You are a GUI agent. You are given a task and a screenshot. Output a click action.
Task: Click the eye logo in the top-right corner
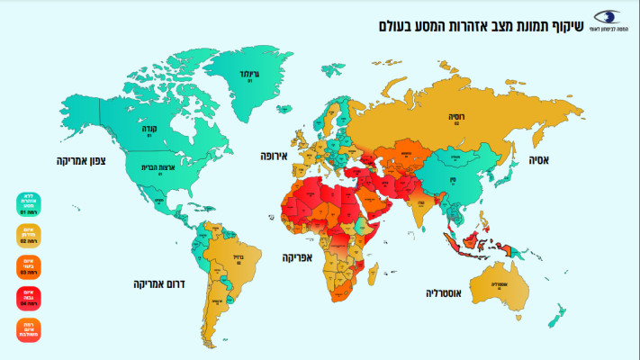pyautogui.click(x=607, y=19)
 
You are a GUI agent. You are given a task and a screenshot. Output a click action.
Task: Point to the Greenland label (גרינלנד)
pyautogui.click(x=249, y=74)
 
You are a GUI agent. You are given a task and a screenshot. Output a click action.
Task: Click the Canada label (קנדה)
pyautogui.click(x=149, y=129)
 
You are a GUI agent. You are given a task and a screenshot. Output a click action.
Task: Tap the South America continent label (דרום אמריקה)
pyautogui.click(x=153, y=284)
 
